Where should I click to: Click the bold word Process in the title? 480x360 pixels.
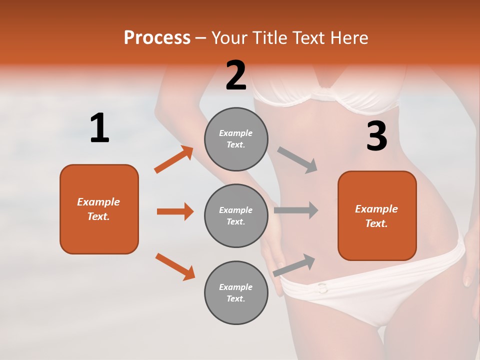click(157, 37)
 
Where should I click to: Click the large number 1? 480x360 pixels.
click(99, 128)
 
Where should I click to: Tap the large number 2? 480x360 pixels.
click(236, 75)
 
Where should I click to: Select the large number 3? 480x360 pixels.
click(376, 136)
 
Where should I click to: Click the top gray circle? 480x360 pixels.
click(236, 139)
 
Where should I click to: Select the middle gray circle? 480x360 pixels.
click(236, 215)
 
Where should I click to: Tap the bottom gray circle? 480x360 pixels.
click(236, 292)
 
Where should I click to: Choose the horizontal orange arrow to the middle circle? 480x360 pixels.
click(175, 211)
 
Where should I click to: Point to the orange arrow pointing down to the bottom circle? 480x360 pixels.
click(175, 266)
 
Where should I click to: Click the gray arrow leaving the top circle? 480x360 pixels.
click(297, 160)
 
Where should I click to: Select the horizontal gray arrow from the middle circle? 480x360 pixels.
click(296, 210)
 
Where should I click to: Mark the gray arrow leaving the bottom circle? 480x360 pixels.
click(294, 265)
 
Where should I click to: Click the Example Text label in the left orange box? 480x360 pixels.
click(98, 209)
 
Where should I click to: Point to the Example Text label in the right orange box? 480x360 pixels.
click(376, 216)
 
